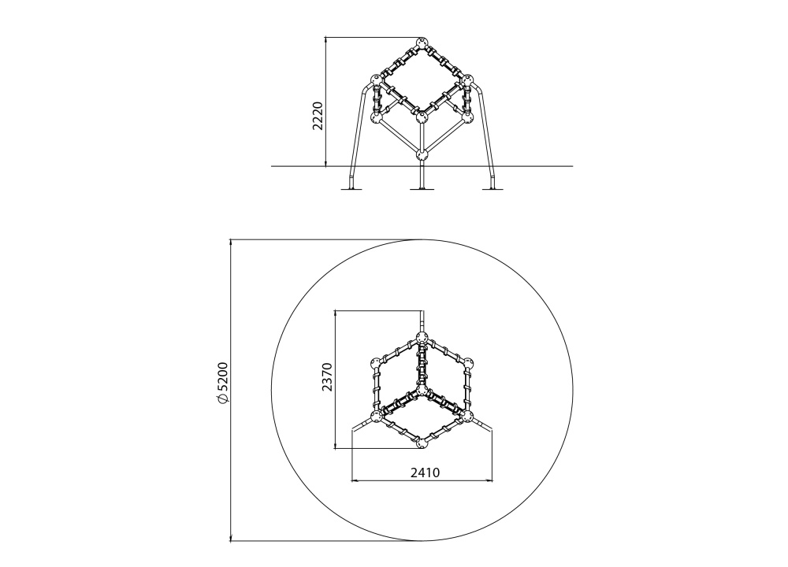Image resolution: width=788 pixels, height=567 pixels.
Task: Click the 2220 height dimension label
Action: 318,116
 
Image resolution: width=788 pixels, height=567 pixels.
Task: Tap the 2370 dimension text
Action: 327,376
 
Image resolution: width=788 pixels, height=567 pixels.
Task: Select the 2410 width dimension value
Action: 426,472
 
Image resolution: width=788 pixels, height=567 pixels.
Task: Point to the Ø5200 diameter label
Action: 223,383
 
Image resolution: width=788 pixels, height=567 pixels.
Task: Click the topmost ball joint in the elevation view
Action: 422,43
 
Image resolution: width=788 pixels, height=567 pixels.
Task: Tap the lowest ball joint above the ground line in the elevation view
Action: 422,154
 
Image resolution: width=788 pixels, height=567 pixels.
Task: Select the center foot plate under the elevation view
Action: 422,189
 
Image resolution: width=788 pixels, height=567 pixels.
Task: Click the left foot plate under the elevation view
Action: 352,189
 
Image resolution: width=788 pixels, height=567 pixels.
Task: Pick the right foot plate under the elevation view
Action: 491,189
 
